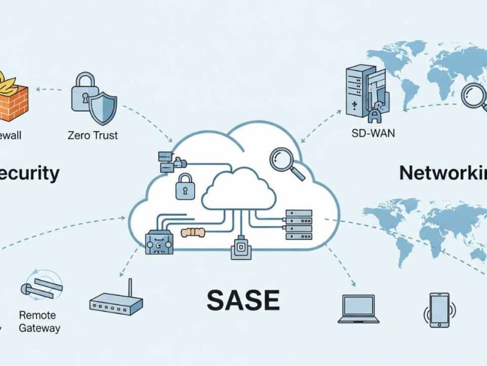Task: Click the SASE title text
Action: pyautogui.click(x=243, y=300)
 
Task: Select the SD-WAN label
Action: pyautogui.click(x=373, y=133)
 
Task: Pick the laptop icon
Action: pyautogui.click(x=358, y=309)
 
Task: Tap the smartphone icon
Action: pyautogui.click(x=438, y=309)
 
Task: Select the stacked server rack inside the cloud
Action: pyautogui.click(x=298, y=224)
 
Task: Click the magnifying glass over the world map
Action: pyautogui.click(x=474, y=96)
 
